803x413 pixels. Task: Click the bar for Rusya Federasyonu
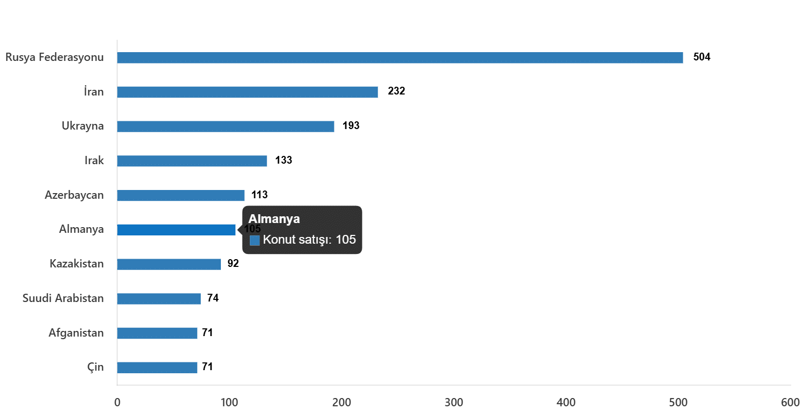400,58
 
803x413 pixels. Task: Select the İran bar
248,92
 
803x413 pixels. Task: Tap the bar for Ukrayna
226,126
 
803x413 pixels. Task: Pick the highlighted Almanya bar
176,230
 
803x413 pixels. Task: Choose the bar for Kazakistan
169,264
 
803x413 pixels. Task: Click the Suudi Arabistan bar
159,298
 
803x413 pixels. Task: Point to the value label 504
701,57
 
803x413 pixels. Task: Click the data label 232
396,91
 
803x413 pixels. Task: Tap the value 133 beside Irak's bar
283,161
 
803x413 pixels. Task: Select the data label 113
260,195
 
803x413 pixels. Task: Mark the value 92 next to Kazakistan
233,264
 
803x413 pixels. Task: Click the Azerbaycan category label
74,195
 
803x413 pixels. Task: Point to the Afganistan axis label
76,333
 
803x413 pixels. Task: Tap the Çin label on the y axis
95,368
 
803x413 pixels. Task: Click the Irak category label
94,161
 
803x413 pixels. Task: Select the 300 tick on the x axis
454,403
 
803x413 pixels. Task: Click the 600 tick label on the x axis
790,403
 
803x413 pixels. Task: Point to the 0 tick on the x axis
117,403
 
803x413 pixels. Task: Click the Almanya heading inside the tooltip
274,219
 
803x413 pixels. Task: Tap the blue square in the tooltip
254,241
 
